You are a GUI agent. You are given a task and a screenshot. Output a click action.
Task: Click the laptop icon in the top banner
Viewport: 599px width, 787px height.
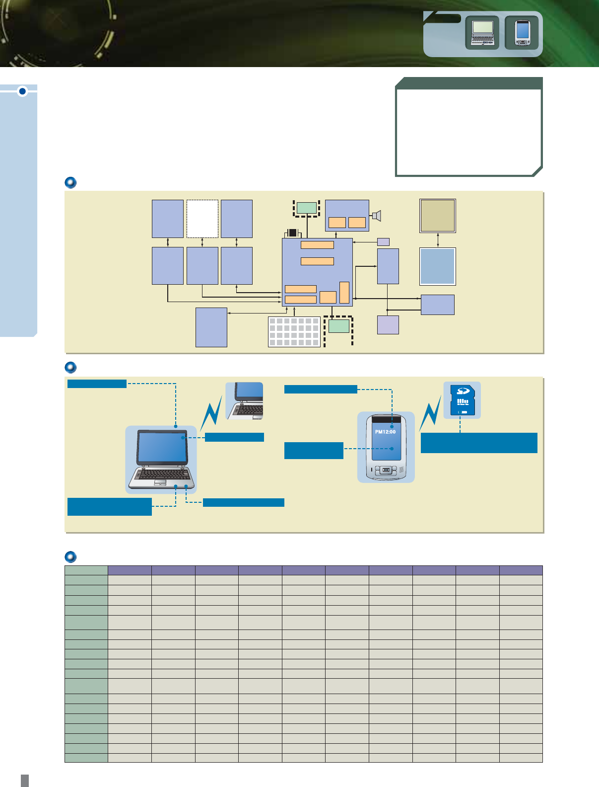[482, 33]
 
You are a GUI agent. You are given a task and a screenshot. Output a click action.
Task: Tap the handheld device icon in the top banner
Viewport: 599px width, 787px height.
[522, 33]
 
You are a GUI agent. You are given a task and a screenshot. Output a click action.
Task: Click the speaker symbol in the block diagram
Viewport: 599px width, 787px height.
[376, 216]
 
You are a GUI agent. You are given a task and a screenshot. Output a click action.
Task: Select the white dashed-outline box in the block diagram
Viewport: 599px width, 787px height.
[202, 219]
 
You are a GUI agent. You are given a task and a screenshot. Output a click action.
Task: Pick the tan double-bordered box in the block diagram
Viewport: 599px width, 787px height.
[438, 216]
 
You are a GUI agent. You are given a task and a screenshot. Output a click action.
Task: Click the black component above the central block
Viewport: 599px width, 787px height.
[292, 233]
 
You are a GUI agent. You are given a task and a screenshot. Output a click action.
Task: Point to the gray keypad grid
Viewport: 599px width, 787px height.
[294, 332]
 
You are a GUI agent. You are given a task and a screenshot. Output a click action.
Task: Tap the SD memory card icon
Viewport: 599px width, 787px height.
[462, 400]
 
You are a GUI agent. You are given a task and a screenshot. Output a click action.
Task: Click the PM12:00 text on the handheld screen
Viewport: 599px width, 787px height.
[385, 432]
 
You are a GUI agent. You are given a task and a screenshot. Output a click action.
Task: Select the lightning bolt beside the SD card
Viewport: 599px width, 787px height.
[430, 413]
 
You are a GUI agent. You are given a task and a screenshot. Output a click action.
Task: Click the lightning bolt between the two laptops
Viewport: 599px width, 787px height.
[211, 413]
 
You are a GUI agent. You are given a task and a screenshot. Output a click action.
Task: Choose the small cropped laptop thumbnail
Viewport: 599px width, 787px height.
[244, 401]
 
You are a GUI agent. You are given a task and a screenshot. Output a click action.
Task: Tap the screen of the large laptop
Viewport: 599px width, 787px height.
[162, 447]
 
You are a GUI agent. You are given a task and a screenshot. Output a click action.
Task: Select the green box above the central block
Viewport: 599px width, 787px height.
[307, 208]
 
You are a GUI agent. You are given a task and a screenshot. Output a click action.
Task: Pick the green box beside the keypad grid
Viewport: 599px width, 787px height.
[338, 326]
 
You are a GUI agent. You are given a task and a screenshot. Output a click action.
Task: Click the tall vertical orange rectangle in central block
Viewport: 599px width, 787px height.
[344, 293]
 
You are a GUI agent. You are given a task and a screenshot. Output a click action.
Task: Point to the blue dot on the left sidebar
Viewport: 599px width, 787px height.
[22, 91]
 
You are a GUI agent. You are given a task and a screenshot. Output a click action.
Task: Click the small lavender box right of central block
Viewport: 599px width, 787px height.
[383, 242]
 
